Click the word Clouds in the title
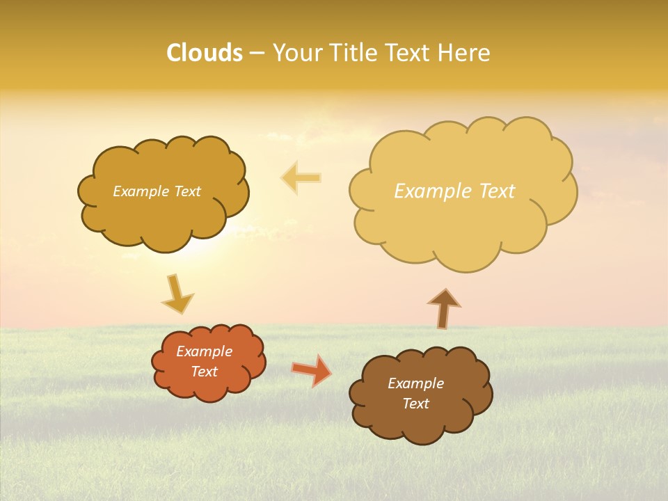[205, 53]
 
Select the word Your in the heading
[297, 53]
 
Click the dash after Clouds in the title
[257, 54]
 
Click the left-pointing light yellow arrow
[301, 177]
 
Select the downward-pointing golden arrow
[177, 294]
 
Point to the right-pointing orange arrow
[312, 370]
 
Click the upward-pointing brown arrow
[443, 308]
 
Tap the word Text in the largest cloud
[497, 191]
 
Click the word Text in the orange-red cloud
[204, 372]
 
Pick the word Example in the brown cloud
[415, 383]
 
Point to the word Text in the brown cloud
[415, 404]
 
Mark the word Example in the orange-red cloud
[204, 351]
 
